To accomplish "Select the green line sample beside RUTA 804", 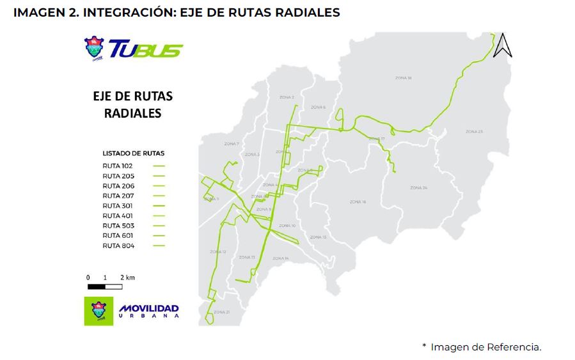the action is click(159, 246).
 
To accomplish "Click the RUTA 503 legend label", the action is click(118, 226).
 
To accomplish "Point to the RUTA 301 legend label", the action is click(117, 206).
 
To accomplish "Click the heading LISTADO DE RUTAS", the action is click(133, 153).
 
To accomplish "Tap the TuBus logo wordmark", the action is click(146, 49).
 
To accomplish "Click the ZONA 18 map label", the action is click(404, 78).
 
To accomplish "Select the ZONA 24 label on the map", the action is click(418, 187).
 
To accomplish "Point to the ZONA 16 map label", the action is click(358, 201).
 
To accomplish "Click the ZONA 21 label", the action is click(221, 311).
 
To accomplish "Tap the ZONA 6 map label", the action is click(318, 107).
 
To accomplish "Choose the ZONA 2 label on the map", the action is click(287, 97).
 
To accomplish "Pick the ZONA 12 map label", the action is click(219, 251).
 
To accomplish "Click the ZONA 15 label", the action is click(319, 237).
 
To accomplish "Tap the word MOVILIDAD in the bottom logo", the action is click(149, 309).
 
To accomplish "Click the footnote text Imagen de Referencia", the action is click(485, 347).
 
